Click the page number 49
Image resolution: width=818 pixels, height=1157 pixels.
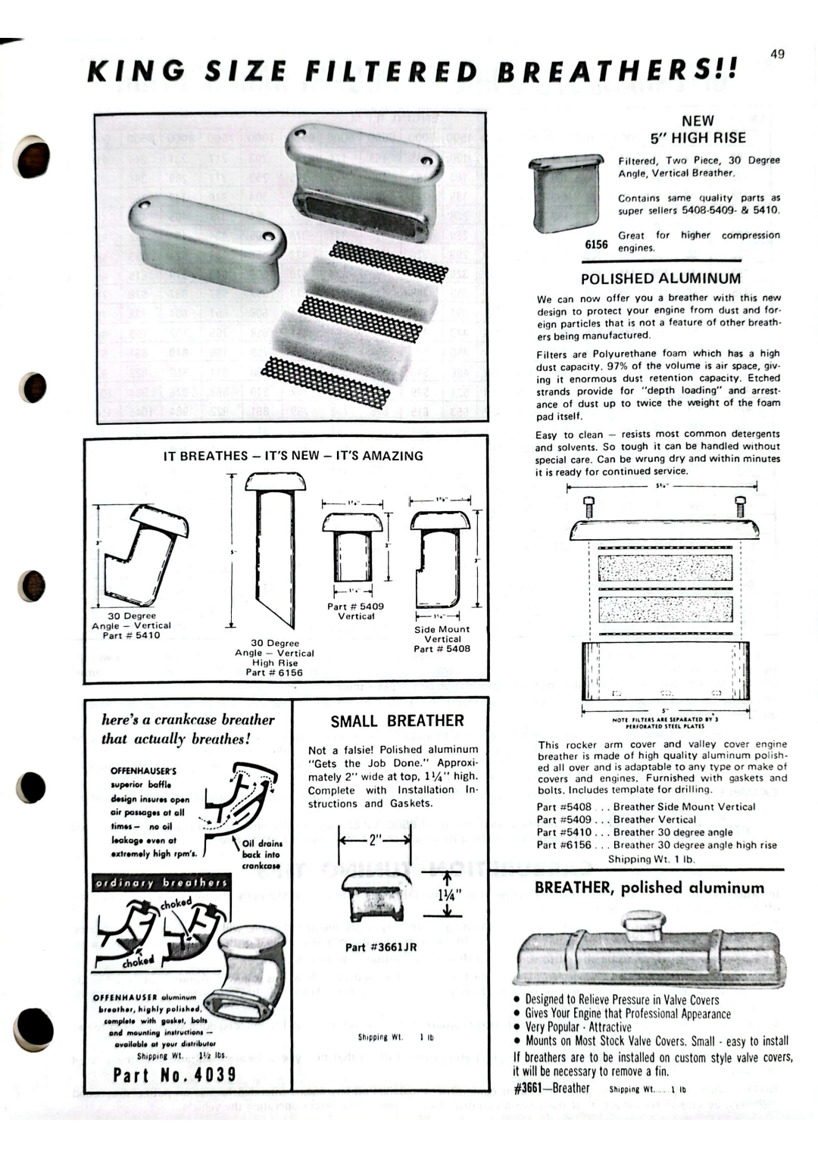(x=777, y=54)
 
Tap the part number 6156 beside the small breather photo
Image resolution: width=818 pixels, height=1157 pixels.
(x=597, y=244)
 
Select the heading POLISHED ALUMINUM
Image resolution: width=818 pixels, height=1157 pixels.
(x=660, y=279)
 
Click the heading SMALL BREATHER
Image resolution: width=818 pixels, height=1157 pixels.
(x=397, y=721)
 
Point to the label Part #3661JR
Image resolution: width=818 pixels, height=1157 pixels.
(x=381, y=947)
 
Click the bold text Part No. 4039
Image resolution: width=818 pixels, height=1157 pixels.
(x=174, y=1075)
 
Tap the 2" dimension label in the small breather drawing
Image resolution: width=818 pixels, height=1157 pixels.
(x=374, y=839)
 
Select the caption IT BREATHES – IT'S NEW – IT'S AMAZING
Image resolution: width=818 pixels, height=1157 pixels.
(x=294, y=456)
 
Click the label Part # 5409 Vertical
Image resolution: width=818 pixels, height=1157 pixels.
(x=356, y=611)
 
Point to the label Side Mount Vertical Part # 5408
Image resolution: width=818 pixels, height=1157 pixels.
(x=442, y=639)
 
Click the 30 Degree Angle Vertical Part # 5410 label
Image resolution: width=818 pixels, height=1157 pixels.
(x=131, y=625)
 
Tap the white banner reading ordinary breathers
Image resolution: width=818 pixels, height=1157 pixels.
(x=161, y=883)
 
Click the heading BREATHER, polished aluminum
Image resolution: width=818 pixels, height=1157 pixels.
(x=649, y=888)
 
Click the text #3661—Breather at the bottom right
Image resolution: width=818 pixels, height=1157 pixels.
(x=551, y=1089)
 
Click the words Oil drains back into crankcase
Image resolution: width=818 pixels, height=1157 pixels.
(x=261, y=854)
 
